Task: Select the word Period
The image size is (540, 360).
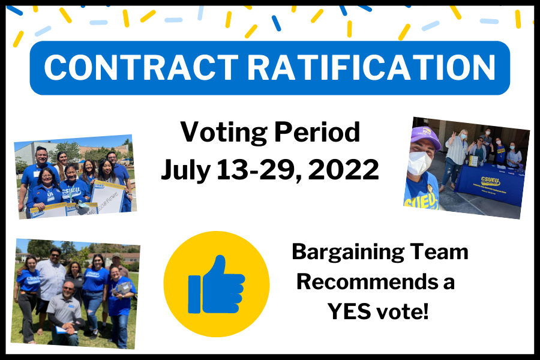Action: tap(317, 132)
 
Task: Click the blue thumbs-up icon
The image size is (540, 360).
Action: tap(216, 284)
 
